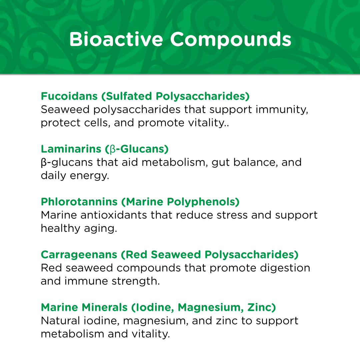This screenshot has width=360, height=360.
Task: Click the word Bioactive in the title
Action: point(116,39)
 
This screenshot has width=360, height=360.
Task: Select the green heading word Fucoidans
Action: point(69,96)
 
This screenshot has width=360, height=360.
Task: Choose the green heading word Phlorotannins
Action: point(79,202)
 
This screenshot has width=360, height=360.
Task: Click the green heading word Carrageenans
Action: point(79,255)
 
